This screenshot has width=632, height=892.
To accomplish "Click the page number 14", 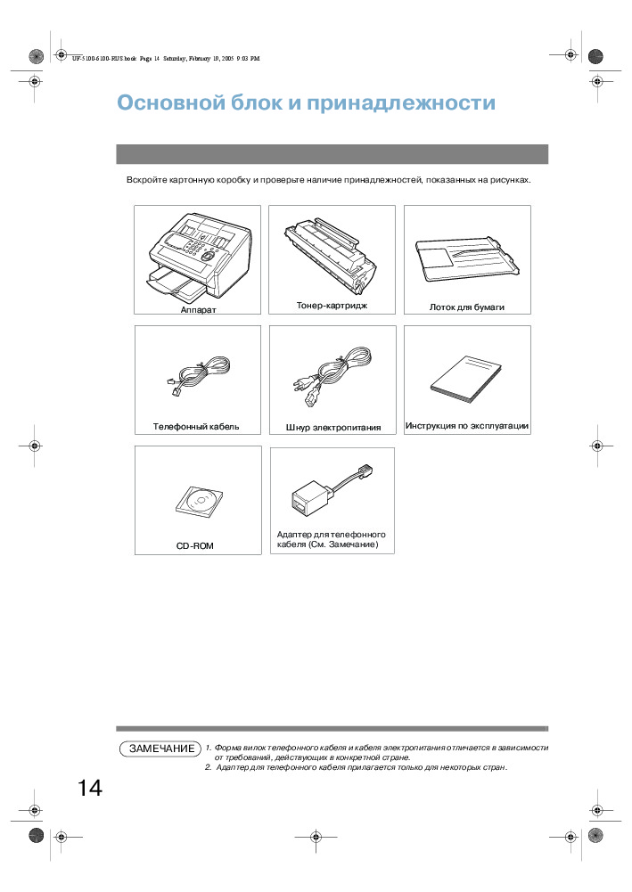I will (89, 788).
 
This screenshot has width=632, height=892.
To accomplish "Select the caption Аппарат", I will (198, 309).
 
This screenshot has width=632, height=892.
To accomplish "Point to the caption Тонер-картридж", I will (332, 306).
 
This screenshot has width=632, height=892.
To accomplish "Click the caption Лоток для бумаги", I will (467, 307).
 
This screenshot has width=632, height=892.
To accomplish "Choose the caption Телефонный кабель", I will (196, 426).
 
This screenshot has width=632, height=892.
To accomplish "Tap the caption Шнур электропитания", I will (333, 427).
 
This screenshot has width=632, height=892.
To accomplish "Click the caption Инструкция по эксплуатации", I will (467, 426).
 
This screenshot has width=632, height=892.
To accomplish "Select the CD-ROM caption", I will (194, 544).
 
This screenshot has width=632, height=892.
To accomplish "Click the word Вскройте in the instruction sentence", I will (145, 180).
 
